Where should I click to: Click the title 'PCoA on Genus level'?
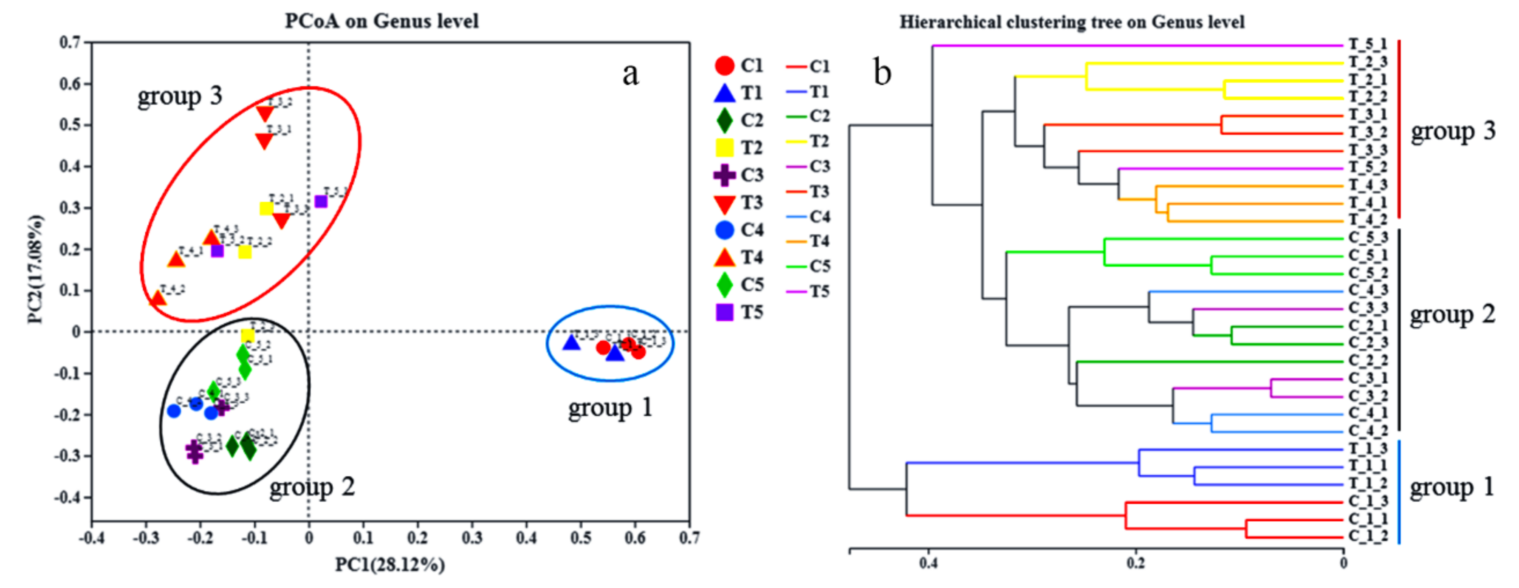381,21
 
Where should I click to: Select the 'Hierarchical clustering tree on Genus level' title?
1071,23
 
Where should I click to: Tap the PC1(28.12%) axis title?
390,565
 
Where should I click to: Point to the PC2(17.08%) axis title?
35,269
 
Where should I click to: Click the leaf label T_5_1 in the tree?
1368,45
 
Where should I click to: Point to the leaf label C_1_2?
1368,537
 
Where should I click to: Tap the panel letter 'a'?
630,74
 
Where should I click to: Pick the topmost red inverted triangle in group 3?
265,113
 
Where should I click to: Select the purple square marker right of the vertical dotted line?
321,202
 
